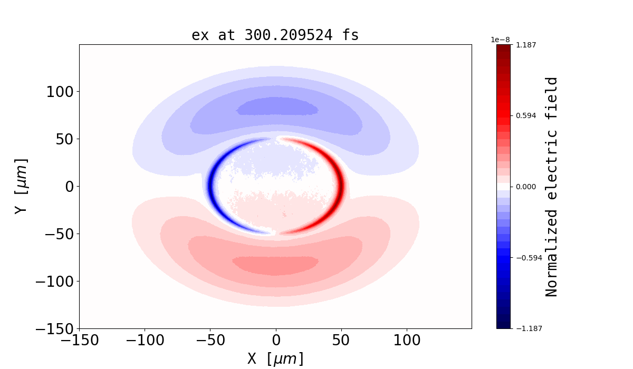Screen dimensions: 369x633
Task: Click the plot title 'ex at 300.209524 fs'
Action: tap(275, 35)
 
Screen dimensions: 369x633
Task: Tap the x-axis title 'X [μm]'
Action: tap(275, 358)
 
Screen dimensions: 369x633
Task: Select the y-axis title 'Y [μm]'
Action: tap(21, 186)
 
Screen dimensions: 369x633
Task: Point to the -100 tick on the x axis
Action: tap(145, 341)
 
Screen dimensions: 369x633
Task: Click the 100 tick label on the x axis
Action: tap(407, 341)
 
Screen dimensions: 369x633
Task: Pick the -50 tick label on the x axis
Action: tap(210, 341)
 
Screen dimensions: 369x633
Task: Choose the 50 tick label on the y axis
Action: tap(62, 139)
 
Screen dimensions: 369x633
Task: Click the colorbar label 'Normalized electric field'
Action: tap(551, 187)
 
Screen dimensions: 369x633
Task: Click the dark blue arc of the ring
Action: tap(212, 186)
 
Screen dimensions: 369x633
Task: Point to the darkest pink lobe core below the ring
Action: tap(275, 265)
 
